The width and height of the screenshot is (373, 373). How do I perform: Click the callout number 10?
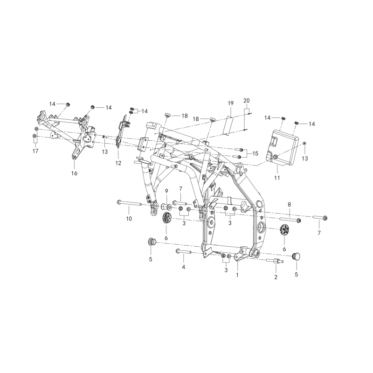pyautogui.click(x=129, y=219)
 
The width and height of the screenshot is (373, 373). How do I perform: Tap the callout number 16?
pyautogui.click(x=74, y=173)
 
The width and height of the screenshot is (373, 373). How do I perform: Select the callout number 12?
pyautogui.click(x=118, y=163)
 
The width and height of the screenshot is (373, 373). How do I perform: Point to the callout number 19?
pyautogui.click(x=230, y=103)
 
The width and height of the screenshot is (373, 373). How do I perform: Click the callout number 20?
pyautogui.click(x=247, y=101)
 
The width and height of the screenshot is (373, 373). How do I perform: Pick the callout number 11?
pyautogui.click(x=277, y=178)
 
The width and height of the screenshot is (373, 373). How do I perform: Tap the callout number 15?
pyautogui.click(x=255, y=153)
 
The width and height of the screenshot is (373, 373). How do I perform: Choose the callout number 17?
pyautogui.click(x=35, y=151)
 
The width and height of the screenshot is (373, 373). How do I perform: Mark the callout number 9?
pyautogui.click(x=166, y=191)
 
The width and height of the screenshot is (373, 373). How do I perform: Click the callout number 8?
pyautogui.click(x=289, y=204)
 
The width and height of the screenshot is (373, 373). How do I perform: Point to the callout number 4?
pyautogui.click(x=183, y=267)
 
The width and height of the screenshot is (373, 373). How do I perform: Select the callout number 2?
pyautogui.click(x=276, y=277)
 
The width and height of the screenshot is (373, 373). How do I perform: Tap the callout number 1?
pyautogui.click(x=237, y=275)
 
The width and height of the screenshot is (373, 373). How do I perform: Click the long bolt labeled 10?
pyautogui.click(x=130, y=203)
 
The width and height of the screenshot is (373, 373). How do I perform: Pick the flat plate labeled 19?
pyautogui.click(x=228, y=125)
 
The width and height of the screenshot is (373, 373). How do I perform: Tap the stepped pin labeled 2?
pyautogui.click(x=276, y=261)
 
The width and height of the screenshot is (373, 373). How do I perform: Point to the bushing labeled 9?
pyautogui.click(x=167, y=206)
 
